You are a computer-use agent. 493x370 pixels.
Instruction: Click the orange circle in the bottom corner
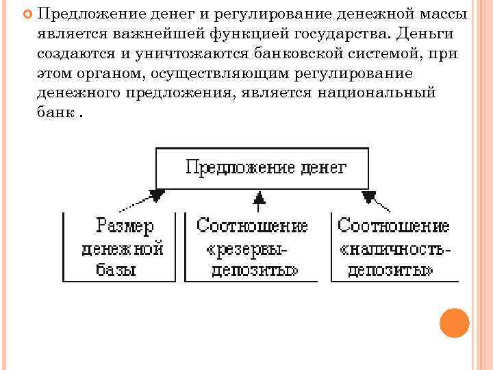454,323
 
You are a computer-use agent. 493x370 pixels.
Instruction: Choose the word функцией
244,34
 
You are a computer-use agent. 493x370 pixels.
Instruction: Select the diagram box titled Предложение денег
262,167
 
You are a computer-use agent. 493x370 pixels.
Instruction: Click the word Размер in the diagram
125,225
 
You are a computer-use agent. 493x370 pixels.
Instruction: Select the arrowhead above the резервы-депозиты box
258,199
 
